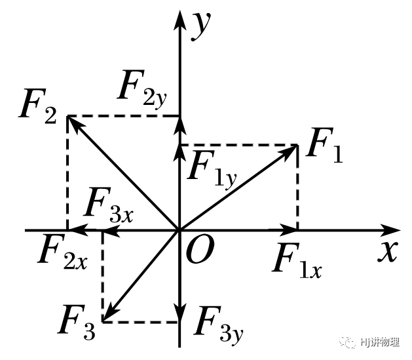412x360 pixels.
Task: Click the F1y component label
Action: pos(211,167)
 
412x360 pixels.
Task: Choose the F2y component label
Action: pos(142,87)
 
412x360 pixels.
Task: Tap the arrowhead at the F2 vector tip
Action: pos(73,121)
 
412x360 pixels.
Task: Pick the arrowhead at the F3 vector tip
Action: pos(108,316)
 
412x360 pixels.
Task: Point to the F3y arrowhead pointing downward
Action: pos(179,315)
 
